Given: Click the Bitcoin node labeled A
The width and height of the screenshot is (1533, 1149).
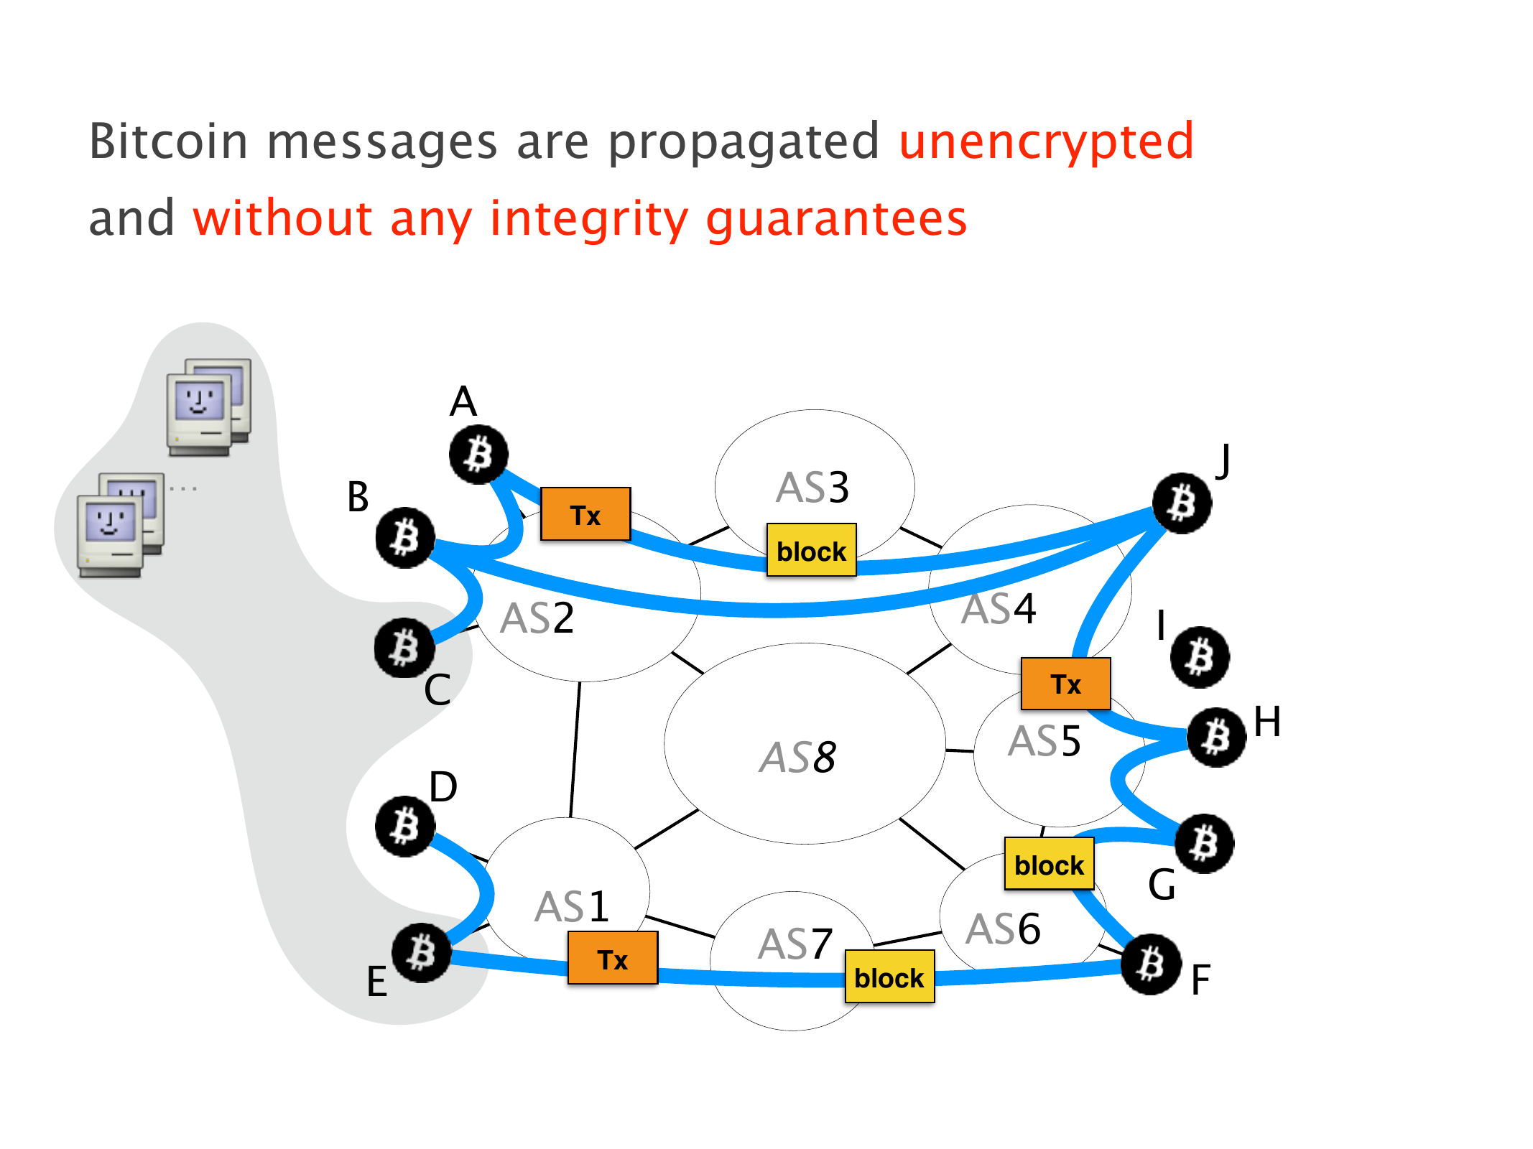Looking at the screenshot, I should (478, 455).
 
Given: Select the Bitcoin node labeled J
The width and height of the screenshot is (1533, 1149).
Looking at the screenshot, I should (1182, 503).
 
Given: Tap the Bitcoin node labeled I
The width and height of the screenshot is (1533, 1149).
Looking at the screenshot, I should (1200, 657).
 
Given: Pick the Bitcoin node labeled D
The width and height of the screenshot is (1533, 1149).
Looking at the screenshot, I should (405, 826).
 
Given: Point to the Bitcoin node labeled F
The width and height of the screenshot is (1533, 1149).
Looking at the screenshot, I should (1151, 964).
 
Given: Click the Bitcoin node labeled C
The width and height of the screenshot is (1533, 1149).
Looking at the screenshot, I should (404, 648).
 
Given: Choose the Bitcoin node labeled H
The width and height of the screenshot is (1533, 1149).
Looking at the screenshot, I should (1216, 737).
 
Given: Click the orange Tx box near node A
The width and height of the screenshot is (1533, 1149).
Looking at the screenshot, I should (585, 514).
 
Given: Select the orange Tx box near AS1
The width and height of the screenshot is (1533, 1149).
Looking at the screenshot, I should (613, 958).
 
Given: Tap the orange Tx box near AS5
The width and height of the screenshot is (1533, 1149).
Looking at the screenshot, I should (1065, 684).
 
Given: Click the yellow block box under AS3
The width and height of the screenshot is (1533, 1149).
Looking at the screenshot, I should (812, 550).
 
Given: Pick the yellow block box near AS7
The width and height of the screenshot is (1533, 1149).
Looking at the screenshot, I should (889, 977).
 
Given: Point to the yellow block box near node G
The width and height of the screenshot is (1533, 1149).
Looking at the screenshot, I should (1049, 864).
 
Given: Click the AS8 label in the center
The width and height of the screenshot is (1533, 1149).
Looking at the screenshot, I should (798, 757).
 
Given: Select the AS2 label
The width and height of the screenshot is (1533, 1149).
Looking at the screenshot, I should (537, 618).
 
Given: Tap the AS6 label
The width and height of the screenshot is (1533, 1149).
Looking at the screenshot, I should (1003, 929).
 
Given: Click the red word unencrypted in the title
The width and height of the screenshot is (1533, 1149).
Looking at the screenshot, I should (1046, 141).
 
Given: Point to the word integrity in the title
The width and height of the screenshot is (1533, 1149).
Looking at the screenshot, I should (589, 218).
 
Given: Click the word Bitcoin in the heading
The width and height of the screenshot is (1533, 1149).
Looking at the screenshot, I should (168, 141).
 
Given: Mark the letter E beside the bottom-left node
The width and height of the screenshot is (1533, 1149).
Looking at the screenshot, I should (377, 981).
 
